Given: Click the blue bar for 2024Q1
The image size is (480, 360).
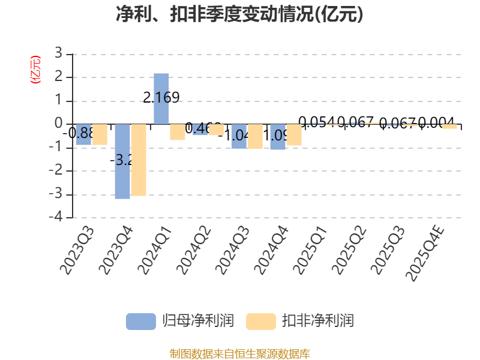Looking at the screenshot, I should click(x=161, y=98).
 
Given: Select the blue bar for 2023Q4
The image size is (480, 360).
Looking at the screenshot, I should click(x=122, y=161).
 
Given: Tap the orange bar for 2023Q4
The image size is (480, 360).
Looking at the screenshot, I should click(x=139, y=160).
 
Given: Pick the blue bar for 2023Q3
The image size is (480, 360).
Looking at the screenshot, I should click(x=83, y=134).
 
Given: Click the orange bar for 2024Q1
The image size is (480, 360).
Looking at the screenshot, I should click(x=177, y=132).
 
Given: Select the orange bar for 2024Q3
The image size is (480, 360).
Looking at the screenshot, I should click(x=255, y=136).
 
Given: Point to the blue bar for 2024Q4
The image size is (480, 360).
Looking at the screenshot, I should click(x=278, y=137).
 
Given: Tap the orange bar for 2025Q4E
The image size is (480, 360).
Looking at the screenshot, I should click(x=449, y=127).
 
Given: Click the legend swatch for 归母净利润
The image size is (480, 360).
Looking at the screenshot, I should click(x=140, y=321).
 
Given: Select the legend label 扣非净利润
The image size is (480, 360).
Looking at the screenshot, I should click(x=318, y=321).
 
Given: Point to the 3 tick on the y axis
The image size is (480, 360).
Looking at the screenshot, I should click(x=58, y=54).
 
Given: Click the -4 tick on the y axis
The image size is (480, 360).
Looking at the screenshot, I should click(x=56, y=218).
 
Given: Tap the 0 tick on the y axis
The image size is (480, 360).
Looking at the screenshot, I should click(x=58, y=124).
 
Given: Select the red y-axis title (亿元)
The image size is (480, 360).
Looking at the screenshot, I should click(x=35, y=70).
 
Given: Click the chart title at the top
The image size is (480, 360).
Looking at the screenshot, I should click(x=239, y=15).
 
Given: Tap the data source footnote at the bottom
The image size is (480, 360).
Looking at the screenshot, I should click(x=239, y=353).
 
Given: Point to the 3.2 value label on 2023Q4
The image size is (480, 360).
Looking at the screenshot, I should click(x=122, y=160).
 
